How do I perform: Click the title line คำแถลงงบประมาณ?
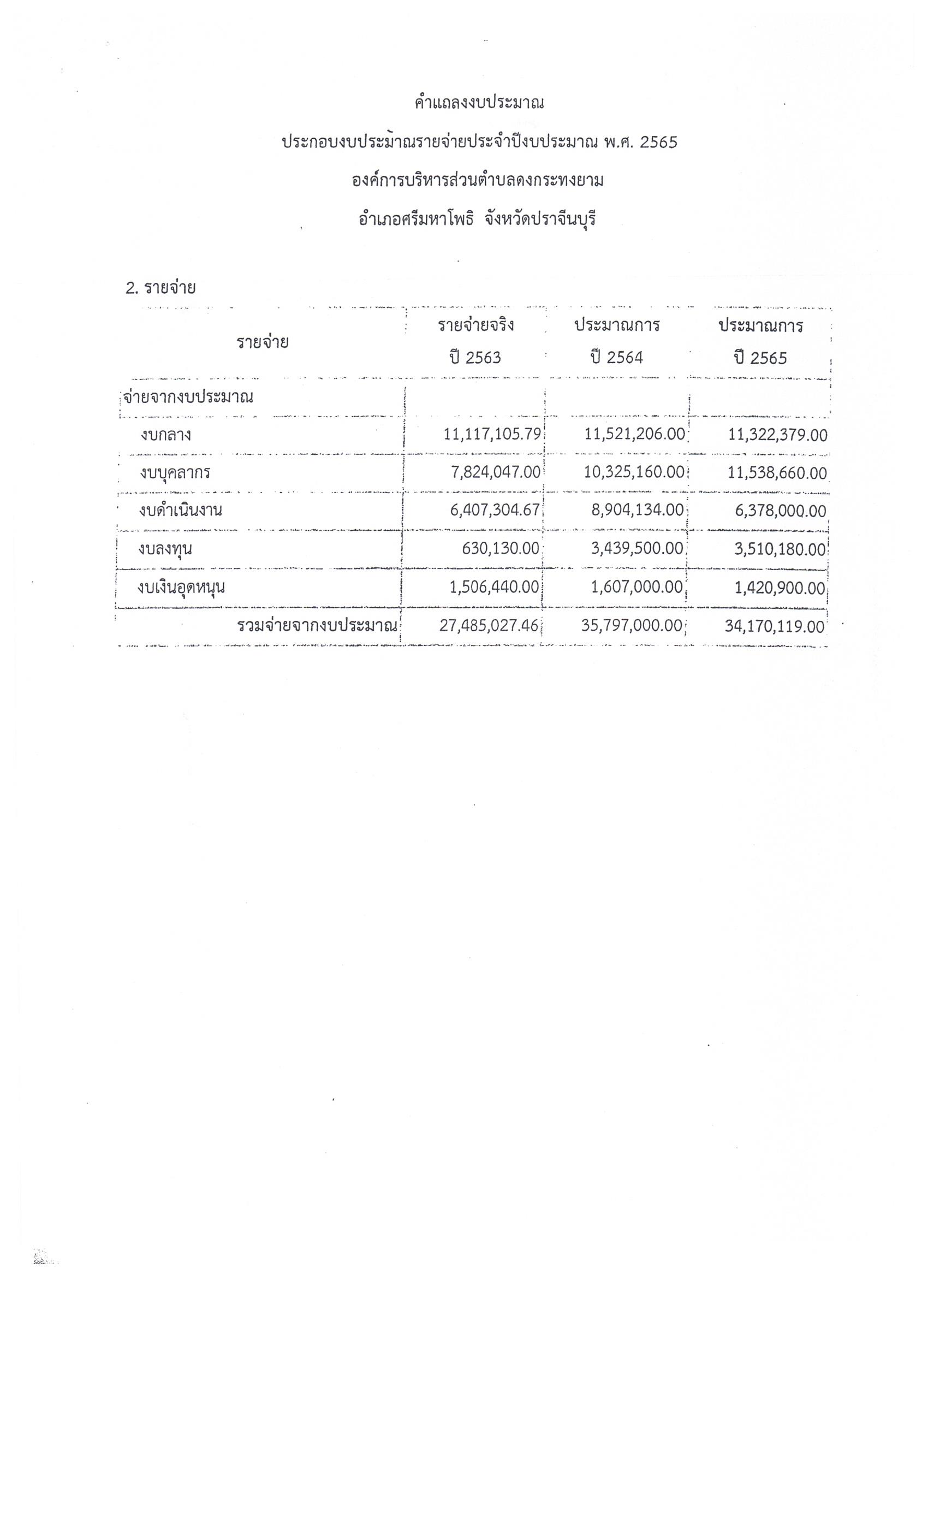click(479, 103)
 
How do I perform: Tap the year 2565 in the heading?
click(658, 143)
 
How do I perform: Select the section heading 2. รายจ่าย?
click(160, 288)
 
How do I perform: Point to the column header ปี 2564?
click(617, 358)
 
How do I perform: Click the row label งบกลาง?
click(165, 435)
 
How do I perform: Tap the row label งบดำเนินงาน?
click(181, 511)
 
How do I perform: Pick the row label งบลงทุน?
click(165, 549)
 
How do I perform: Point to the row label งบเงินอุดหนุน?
click(182, 587)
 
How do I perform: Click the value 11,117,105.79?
click(492, 434)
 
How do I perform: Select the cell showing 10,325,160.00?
click(633, 472)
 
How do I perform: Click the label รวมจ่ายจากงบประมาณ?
click(317, 625)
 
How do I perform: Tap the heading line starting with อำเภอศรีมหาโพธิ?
click(477, 219)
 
